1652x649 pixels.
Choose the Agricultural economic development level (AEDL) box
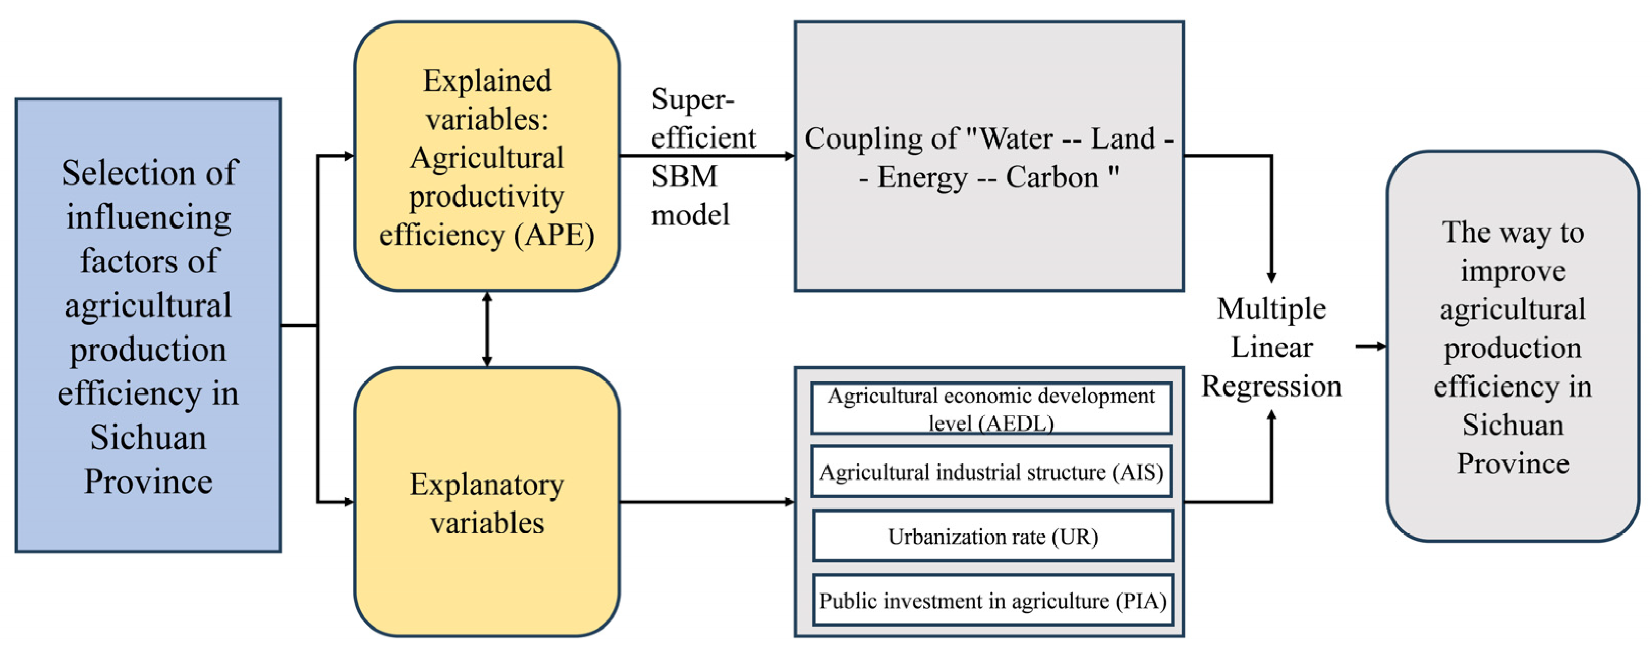[x=991, y=409]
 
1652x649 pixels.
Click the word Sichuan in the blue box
[x=148, y=438]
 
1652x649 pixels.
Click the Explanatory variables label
[x=487, y=503]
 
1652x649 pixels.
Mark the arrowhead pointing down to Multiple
[x=1271, y=277]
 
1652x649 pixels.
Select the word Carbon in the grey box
[x=1052, y=178]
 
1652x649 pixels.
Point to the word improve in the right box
[x=1513, y=271]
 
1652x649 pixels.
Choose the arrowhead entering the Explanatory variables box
[x=348, y=502]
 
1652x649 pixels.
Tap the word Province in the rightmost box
[x=1513, y=464]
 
